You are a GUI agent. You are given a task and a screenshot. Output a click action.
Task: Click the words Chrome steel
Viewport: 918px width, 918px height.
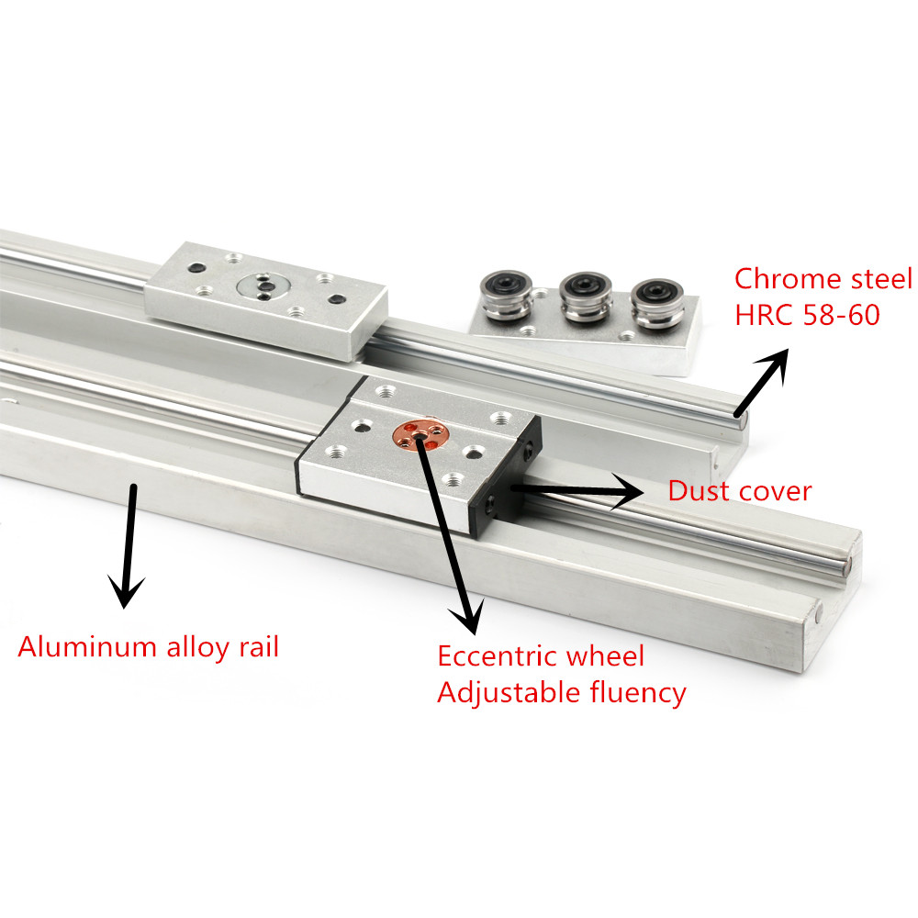pyautogui.click(x=823, y=279)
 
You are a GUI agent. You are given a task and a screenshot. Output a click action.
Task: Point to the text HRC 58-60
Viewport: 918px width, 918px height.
pyautogui.click(x=807, y=315)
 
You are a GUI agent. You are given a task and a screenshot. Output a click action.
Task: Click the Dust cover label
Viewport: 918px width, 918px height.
pyautogui.click(x=739, y=491)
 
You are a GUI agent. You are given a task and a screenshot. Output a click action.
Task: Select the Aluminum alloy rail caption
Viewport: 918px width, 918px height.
pyautogui.click(x=148, y=647)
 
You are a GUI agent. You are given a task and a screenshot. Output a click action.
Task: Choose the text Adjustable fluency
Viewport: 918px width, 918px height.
pyautogui.click(x=561, y=692)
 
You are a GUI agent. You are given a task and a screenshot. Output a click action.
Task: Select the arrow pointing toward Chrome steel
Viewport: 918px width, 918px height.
pyautogui.click(x=762, y=380)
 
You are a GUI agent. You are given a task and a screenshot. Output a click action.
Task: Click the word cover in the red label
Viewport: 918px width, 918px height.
pyautogui.click(x=778, y=491)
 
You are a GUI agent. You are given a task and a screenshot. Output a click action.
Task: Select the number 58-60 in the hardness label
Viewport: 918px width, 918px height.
pyautogui.click(x=840, y=315)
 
